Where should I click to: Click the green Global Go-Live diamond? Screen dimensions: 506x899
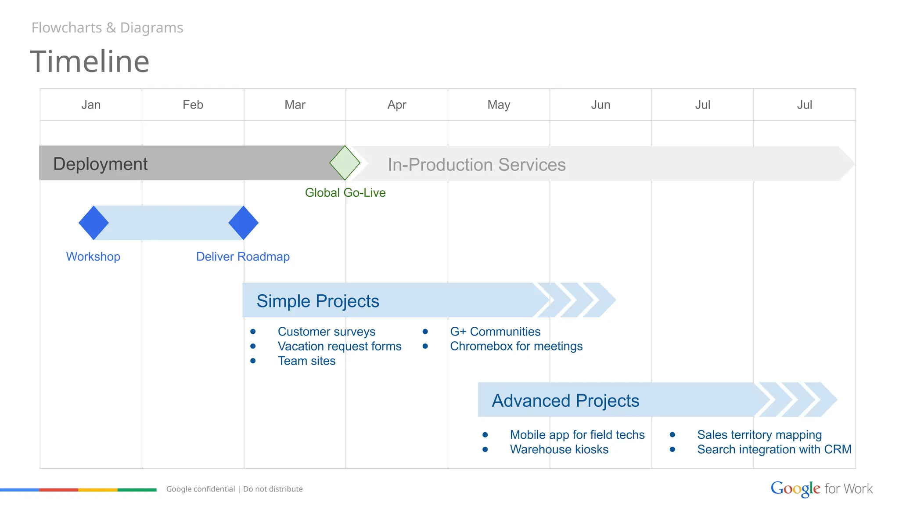[345, 163]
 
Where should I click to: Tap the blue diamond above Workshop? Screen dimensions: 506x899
[93, 223]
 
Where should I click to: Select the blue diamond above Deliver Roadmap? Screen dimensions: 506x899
[244, 223]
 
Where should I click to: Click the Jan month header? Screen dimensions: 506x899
[91, 105]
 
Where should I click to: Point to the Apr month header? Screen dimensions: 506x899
[397, 105]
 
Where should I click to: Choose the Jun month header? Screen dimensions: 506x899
[601, 105]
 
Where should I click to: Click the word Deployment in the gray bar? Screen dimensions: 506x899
[100, 164]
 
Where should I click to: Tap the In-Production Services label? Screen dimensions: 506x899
[477, 165]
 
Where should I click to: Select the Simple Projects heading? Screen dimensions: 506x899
[318, 301]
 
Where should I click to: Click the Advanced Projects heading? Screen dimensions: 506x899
[565, 401]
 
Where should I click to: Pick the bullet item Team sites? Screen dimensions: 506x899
[306, 361]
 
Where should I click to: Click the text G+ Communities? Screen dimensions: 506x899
[495, 332]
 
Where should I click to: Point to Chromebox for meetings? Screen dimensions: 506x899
[516, 346]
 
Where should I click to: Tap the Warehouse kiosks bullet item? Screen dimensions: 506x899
[559, 449]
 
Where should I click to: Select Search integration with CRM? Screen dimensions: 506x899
[774, 449]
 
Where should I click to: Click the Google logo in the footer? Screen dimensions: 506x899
[795, 488]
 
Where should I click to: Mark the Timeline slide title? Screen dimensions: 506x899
[90, 61]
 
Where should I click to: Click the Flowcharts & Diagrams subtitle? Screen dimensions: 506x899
[108, 28]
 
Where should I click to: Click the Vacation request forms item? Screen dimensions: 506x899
[339, 346]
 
